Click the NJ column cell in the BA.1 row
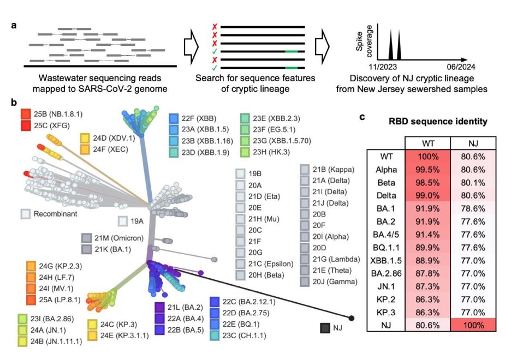click(x=473, y=208)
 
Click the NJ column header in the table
click(x=473, y=142)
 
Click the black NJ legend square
click(x=325, y=328)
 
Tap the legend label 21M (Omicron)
click(x=112, y=238)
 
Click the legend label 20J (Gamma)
click(x=335, y=281)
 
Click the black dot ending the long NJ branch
click(x=351, y=317)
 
